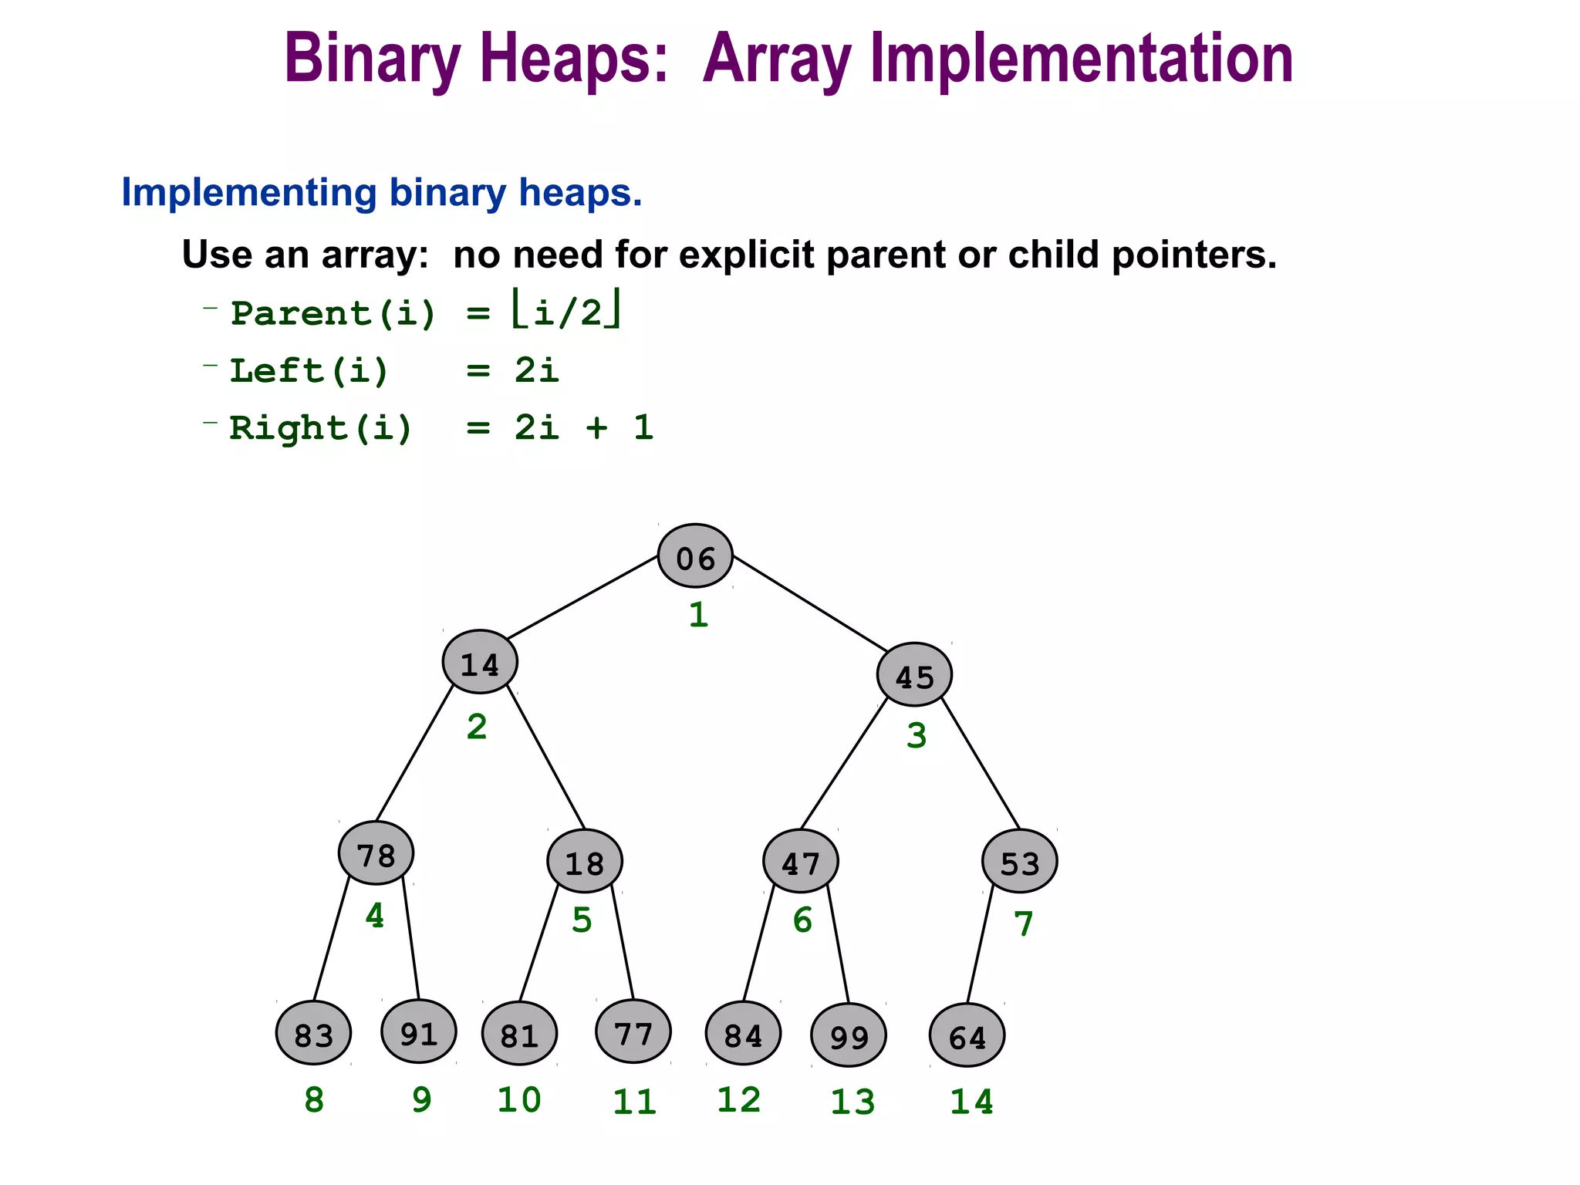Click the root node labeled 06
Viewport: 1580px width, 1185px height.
click(x=695, y=556)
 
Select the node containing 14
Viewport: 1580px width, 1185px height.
click(x=480, y=662)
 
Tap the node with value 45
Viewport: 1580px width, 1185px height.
click(x=914, y=675)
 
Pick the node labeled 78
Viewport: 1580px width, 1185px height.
click(x=376, y=854)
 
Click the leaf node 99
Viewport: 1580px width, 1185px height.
click(x=849, y=1035)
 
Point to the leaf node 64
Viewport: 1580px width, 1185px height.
click(x=967, y=1035)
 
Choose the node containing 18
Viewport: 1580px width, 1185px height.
click(x=585, y=862)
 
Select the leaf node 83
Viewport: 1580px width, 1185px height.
click(x=313, y=1033)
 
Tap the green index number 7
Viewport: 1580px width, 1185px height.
click(x=1023, y=923)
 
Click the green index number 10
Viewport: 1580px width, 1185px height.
click(x=518, y=1099)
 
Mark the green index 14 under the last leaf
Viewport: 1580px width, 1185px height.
click(x=971, y=1102)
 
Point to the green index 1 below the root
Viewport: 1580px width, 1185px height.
click(x=698, y=615)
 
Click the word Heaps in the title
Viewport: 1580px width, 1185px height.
click(x=572, y=60)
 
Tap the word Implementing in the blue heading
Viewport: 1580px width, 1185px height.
click(x=248, y=193)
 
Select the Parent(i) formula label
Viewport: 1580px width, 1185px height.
click(x=334, y=314)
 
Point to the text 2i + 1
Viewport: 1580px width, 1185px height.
click(x=584, y=428)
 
